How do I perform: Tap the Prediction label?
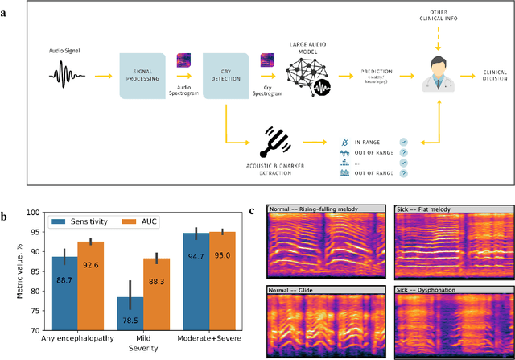click(361, 72)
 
